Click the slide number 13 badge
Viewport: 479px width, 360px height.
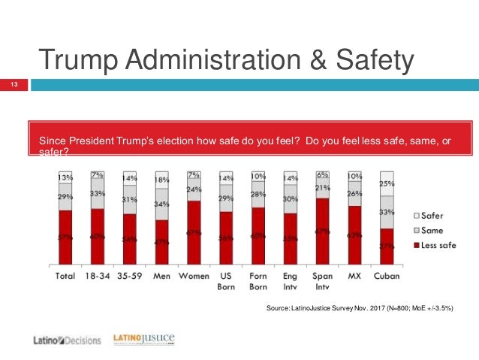click(13, 85)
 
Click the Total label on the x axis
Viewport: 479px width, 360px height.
click(65, 276)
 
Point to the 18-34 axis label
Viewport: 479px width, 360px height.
click(97, 276)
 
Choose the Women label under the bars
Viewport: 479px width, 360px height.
click(194, 276)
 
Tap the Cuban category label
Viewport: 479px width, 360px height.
click(387, 276)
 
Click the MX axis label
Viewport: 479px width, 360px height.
click(354, 276)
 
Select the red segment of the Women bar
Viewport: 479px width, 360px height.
click(194, 233)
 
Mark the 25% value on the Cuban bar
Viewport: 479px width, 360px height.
click(387, 183)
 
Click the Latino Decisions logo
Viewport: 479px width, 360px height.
click(67, 340)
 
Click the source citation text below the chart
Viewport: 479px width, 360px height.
click(360, 310)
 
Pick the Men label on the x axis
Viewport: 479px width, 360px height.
click(161, 276)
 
